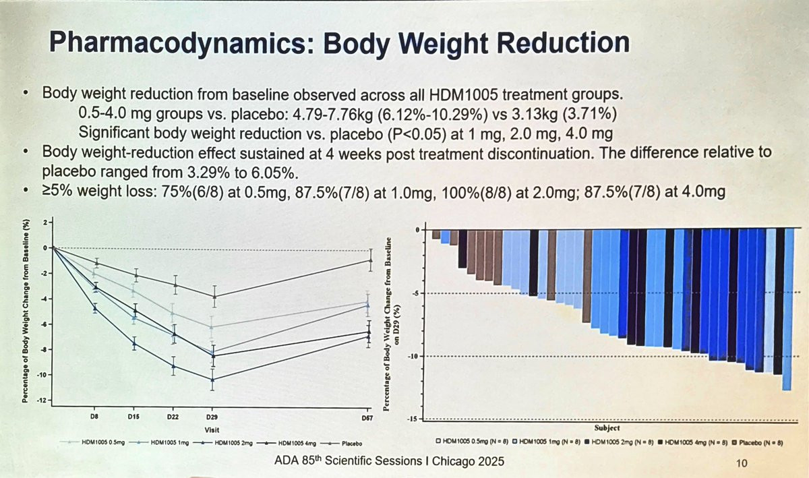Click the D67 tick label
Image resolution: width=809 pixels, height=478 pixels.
click(369, 417)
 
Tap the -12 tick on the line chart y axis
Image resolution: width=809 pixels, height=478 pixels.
click(44, 400)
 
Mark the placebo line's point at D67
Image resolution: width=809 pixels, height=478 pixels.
click(369, 260)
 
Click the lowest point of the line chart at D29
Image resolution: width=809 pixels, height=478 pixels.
click(214, 380)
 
